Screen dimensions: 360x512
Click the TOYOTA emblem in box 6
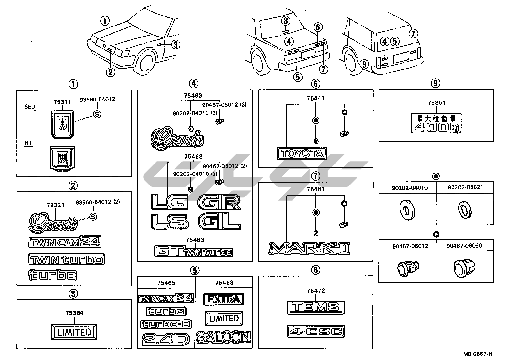tap(302, 154)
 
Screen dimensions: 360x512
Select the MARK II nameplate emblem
tap(309, 248)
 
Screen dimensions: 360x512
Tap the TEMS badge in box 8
tap(315, 307)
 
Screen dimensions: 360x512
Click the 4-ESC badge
tap(315, 332)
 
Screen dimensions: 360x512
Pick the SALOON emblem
tap(223, 337)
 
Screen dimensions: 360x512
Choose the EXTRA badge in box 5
tap(223, 299)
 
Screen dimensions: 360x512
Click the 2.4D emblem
tap(165, 339)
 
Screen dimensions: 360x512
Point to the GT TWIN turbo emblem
tap(194, 251)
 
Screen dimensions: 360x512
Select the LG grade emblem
tap(169, 203)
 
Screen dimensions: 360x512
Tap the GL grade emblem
tap(219, 222)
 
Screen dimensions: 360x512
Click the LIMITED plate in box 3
tap(74, 332)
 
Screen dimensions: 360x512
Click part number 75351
tap(436, 103)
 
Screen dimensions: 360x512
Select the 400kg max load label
tap(436, 123)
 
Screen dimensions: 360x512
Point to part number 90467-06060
tap(464, 246)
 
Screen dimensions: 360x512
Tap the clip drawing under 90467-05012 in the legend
tap(407, 267)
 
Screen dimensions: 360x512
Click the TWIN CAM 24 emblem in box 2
tap(65, 241)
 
